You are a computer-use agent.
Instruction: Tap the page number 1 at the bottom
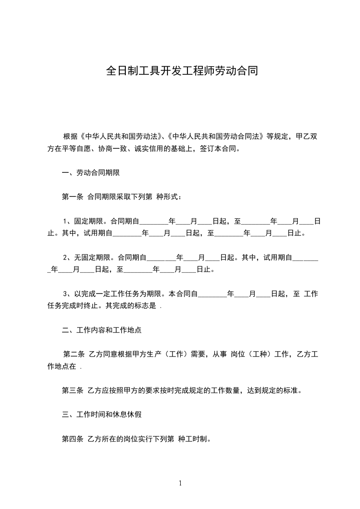(180, 483)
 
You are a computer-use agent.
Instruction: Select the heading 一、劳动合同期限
(91, 173)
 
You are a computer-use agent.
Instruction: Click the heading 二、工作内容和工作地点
(102, 330)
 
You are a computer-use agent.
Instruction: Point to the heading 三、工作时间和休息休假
(102, 414)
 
